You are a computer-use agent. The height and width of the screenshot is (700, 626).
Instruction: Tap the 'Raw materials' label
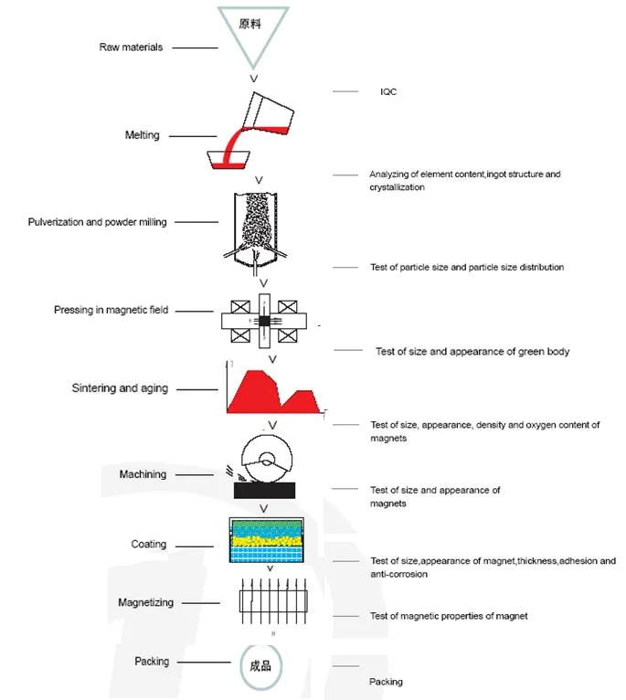point(131,48)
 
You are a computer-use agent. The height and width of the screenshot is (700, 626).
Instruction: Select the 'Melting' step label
point(142,135)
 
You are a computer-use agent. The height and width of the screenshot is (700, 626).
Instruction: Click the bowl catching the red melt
point(228,160)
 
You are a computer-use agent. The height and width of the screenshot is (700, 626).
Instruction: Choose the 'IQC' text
point(388,91)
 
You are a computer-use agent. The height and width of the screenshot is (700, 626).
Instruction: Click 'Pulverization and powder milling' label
point(98,222)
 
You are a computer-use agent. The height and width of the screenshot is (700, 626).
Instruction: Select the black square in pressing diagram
point(264,321)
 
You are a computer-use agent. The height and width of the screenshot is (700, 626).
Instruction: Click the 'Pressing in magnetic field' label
point(111,310)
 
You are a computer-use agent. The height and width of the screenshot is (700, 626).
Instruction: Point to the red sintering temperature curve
point(273,391)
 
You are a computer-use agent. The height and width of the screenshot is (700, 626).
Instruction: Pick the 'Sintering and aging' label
point(120,388)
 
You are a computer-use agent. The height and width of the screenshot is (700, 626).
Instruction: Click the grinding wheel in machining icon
point(267,459)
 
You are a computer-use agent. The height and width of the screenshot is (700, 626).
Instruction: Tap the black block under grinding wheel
point(264,490)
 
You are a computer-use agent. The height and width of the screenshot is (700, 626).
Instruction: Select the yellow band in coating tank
point(266,541)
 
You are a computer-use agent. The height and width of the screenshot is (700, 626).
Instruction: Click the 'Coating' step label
point(149,545)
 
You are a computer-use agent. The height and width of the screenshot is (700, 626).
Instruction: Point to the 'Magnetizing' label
point(145,603)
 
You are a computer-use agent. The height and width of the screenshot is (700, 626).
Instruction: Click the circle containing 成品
point(260,666)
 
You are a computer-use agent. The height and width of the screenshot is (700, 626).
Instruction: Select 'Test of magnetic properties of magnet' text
point(449,616)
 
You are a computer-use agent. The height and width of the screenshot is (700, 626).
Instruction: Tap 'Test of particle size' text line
point(467,267)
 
